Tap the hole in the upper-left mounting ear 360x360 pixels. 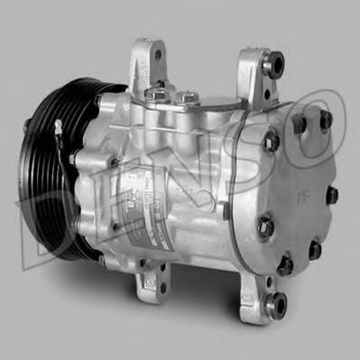[157, 54]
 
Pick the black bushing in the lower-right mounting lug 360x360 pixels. [279, 302]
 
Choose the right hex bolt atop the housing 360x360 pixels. [187, 96]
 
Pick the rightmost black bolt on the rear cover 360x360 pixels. [332, 194]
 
